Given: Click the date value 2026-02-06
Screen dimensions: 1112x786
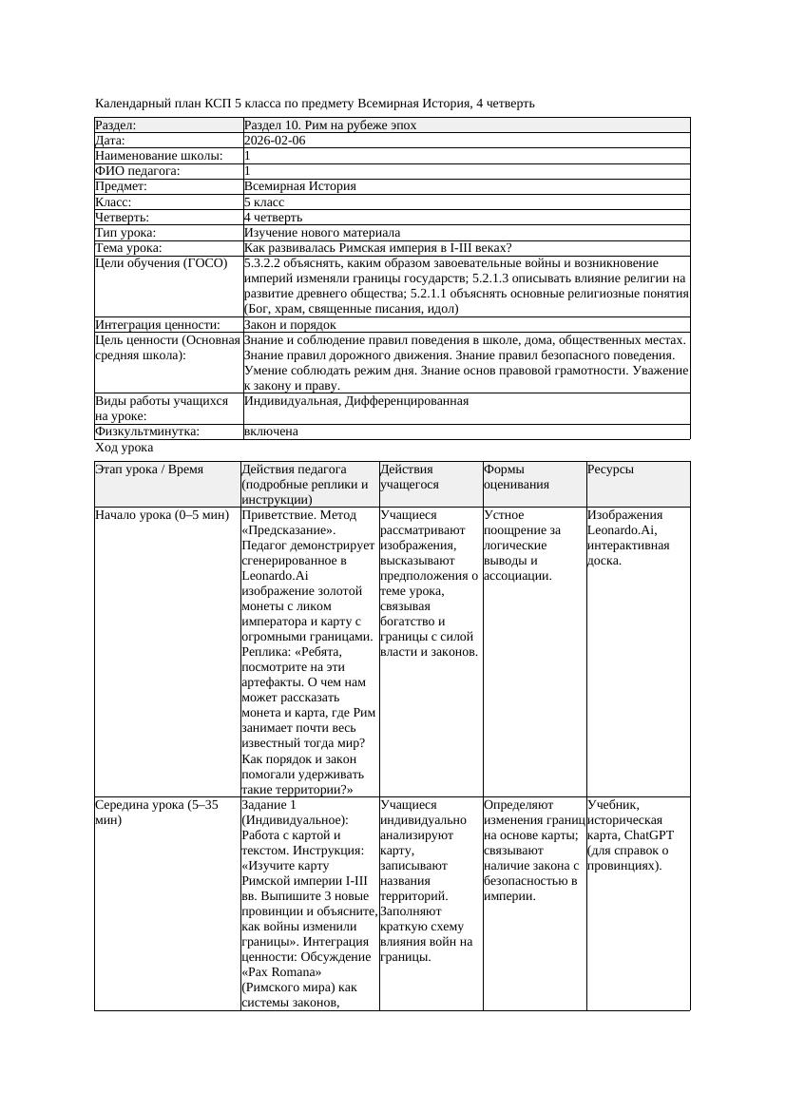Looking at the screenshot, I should tap(275, 141).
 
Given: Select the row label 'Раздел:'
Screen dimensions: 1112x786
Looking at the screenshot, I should tap(116, 125).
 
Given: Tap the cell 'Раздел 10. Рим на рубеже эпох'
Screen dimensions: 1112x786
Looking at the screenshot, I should tap(330, 125).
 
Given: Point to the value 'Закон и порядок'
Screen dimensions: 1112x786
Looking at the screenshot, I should tap(290, 325).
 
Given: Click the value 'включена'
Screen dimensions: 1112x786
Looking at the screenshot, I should tap(271, 431).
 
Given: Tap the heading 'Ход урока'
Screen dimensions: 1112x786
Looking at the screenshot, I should tap(125, 448).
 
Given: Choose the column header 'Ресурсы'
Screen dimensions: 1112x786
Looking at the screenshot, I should tap(610, 470).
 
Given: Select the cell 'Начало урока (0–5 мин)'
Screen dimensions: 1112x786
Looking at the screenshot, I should tap(163, 515).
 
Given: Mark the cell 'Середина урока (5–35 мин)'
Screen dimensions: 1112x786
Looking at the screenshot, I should tap(157, 813).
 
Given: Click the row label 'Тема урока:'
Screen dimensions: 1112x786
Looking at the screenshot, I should tap(129, 248).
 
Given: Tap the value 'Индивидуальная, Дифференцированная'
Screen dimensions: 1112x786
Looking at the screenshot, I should tap(356, 401).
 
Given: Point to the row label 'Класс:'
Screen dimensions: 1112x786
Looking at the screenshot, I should tap(113, 202).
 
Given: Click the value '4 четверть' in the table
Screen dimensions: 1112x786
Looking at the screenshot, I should tap(273, 218).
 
